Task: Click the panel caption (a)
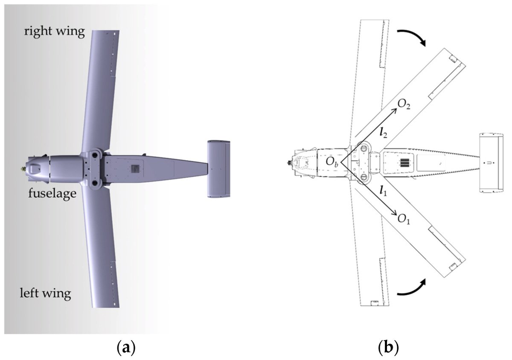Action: [126, 347]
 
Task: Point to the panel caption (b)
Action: [389, 347]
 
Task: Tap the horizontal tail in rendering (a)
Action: [218, 168]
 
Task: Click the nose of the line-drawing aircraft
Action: [291, 163]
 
